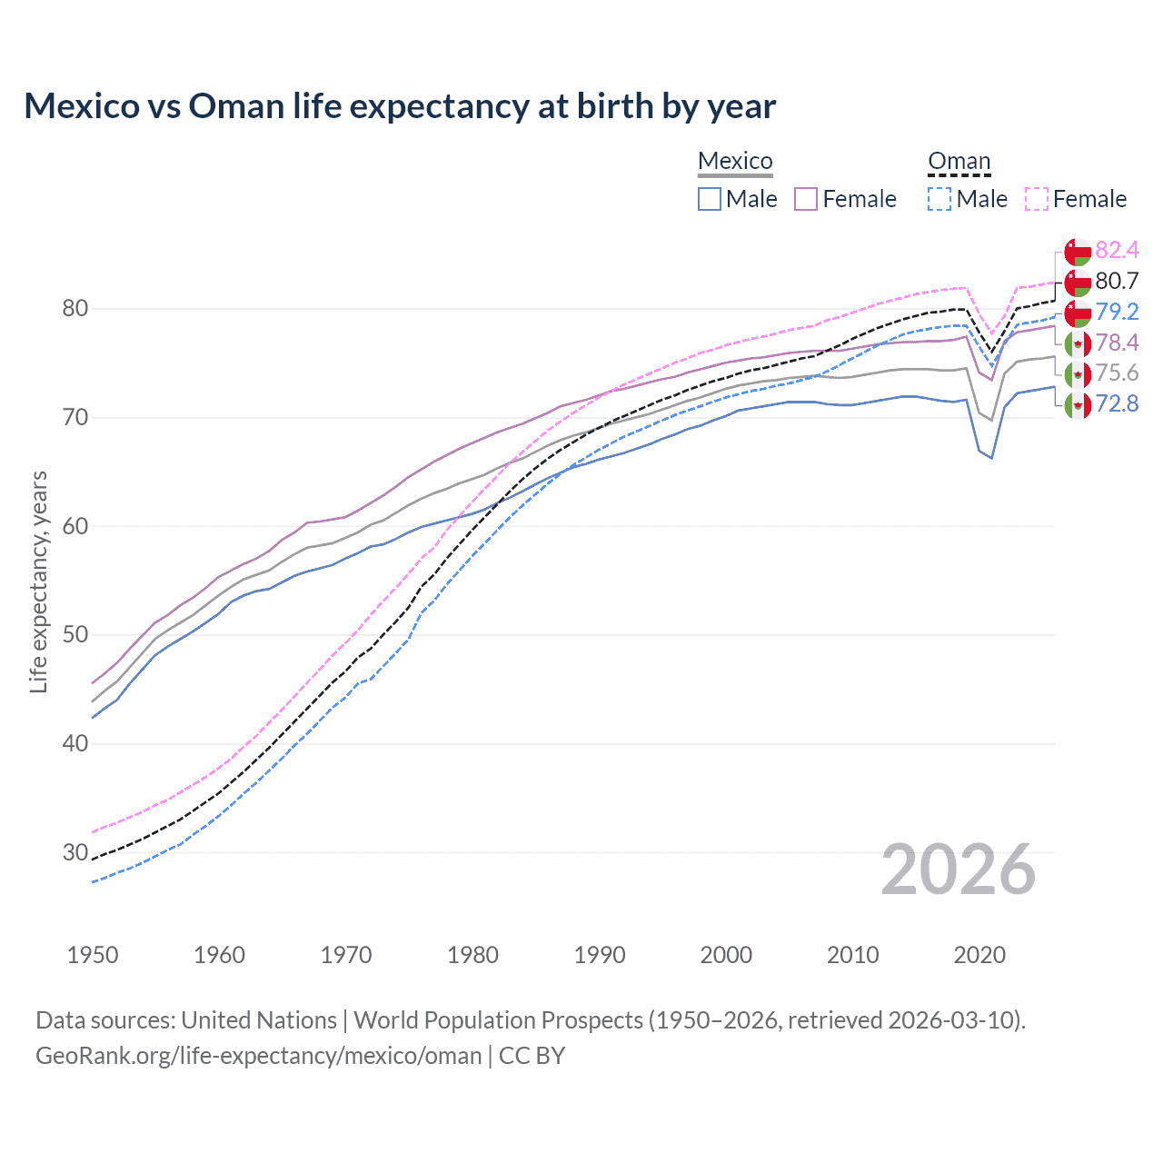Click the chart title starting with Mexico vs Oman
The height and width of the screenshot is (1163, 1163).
click(400, 106)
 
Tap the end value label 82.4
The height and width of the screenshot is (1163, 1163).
click(1117, 250)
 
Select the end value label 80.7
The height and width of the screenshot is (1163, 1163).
click(1117, 281)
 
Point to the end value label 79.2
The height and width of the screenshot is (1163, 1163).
click(1117, 312)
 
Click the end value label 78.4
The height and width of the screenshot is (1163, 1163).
click(1117, 343)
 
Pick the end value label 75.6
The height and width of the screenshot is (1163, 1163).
click(1117, 373)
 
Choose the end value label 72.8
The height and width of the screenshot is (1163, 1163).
click(1117, 403)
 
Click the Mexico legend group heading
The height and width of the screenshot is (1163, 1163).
click(735, 161)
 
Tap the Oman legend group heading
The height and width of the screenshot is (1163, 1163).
click(959, 161)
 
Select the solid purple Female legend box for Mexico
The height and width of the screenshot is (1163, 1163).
click(806, 199)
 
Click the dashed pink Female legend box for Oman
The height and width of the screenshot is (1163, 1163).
click(1037, 199)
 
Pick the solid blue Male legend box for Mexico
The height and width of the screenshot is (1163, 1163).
click(710, 199)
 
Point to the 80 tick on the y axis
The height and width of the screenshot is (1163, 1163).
click(75, 309)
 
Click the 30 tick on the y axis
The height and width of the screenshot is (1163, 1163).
click(75, 852)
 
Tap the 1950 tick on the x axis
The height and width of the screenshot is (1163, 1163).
click(93, 955)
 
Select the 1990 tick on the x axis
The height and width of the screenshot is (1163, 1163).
click(600, 955)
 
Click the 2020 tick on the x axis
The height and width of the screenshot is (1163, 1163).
click(979, 955)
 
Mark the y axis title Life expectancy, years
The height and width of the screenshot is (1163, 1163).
click(39, 581)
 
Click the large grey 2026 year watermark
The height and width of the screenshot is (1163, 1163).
click(959, 870)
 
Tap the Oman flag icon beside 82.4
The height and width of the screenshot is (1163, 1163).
click(1078, 252)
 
